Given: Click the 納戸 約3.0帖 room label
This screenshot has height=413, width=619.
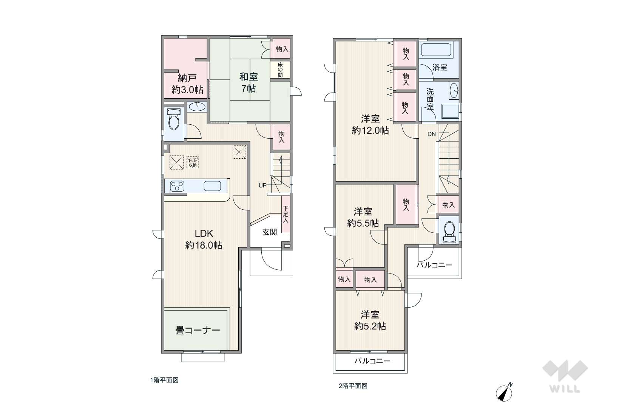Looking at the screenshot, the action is click(x=187, y=84).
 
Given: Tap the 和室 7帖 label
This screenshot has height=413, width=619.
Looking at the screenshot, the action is click(x=249, y=82).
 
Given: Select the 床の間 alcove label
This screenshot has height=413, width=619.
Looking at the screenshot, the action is click(x=280, y=70).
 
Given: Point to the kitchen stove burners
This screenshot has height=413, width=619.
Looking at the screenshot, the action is click(x=177, y=186).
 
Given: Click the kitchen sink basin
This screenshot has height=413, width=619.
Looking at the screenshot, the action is click(x=212, y=186).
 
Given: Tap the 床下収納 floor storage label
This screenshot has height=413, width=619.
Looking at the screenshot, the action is click(x=192, y=162).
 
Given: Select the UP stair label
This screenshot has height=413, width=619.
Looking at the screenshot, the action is click(x=262, y=186).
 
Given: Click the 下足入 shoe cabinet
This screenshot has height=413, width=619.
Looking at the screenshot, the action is click(x=286, y=214).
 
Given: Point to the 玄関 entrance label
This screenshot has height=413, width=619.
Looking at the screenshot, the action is click(x=269, y=232).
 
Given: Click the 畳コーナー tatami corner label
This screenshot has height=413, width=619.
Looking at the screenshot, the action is click(x=197, y=330).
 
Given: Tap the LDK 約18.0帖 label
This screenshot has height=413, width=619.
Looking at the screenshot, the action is click(x=204, y=240).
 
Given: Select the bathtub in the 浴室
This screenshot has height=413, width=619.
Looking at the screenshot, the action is click(x=436, y=50).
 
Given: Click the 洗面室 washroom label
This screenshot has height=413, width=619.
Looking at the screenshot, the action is click(x=430, y=99).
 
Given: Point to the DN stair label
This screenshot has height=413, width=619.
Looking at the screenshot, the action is click(x=431, y=135).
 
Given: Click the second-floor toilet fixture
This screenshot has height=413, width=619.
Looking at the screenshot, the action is click(x=449, y=232).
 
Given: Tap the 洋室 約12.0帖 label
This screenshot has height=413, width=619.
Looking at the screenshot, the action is click(x=370, y=124).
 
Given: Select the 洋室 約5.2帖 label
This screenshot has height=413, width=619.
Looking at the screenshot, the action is click(x=370, y=320).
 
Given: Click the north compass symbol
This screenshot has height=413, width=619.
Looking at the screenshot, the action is click(x=504, y=392).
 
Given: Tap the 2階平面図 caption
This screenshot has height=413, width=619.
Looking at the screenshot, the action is click(x=353, y=386).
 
